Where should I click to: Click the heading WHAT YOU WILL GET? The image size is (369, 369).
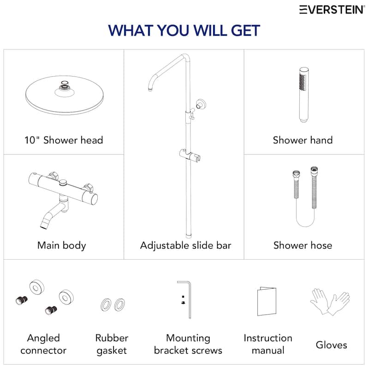click(x=184, y=31)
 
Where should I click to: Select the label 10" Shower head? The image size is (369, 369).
click(x=64, y=140)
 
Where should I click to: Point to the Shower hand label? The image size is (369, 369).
click(x=303, y=140)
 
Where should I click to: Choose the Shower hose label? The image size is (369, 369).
click(x=303, y=245)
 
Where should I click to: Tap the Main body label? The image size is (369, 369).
click(x=62, y=245)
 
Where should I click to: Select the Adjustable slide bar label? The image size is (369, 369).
click(x=185, y=245)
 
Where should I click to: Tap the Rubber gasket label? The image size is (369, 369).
click(x=112, y=344)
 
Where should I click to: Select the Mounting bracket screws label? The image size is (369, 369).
click(x=188, y=344)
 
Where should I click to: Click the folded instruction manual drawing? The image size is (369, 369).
click(x=267, y=302)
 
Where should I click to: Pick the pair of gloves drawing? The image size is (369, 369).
click(x=329, y=302)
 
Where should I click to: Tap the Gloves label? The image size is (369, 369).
click(x=332, y=345)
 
